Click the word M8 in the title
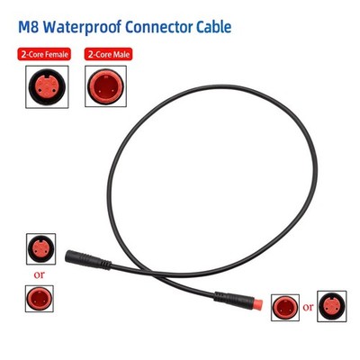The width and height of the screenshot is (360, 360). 29,27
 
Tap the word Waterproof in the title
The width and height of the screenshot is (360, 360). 82,28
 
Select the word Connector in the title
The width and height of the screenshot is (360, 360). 159,27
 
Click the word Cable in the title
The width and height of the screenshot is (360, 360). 214,27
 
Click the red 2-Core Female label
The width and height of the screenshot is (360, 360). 44,55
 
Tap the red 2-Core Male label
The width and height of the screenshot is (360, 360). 108,55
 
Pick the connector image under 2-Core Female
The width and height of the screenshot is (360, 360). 47,87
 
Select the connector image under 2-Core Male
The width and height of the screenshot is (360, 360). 105,86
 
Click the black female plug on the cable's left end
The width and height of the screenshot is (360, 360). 88,260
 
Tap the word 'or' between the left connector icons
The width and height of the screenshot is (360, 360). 40,274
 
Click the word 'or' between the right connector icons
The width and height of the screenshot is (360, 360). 308,308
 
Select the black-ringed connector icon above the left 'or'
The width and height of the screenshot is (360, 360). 40,249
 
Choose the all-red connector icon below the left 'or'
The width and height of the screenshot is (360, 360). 40,299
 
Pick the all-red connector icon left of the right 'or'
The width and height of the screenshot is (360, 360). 285,308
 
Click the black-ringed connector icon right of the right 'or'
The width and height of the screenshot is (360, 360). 332,306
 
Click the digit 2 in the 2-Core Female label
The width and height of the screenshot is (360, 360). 23,55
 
